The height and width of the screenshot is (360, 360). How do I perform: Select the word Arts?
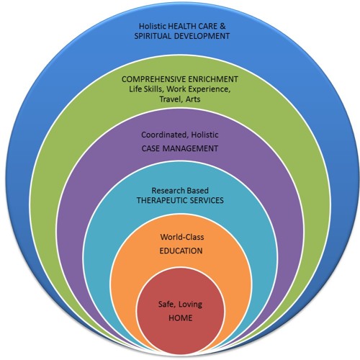[x=194, y=102]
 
